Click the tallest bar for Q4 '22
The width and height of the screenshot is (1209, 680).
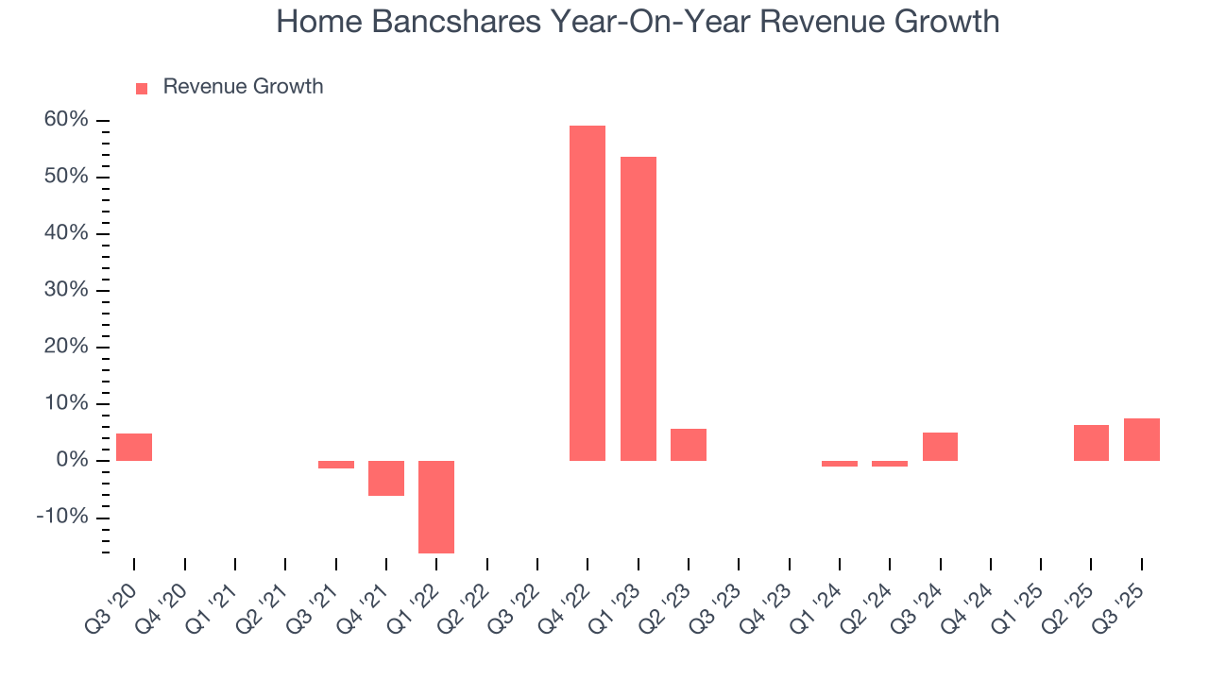pyautogui.click(x=587, y=293)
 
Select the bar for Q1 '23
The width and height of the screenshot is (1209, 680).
pyautogui.click(x=639, y=309)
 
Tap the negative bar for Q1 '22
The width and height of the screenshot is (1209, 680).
pyautogui.click(x=436, y=507)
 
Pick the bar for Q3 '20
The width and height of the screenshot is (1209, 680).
pyautogui.click(x=134, y=448)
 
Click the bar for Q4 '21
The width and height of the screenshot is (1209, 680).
pyautogui.click(x=386, y=478)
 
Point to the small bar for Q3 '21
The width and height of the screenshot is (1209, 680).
pyautogui.click(x=336, y=465)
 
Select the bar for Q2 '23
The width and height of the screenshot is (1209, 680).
pyautogui.click(x=689, y=445)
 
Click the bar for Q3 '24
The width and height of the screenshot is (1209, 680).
pyautogui.click(x=940, y=447)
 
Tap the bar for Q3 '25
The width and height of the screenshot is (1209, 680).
pyautogui.click(x=1142, y=440)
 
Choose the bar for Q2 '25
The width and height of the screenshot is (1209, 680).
pyautogui.click(x=1091, y=443)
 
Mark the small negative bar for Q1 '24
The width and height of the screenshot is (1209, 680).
pyautogui.click(x=840, y=464)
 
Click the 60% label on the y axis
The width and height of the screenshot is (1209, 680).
pyautogui.click(x=65, y=120)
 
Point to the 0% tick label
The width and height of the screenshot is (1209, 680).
pyautogui.click(x=71, y=460)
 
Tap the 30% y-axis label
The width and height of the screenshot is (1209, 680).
pyautogui.click(x=65, y=290)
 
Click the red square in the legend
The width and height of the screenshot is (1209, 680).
pyautogui.click(x=142, y=89)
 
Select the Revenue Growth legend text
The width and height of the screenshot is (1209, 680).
pyautogui.click(x=243, y=87)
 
